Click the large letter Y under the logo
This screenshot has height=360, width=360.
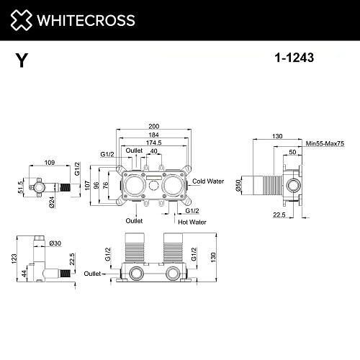(x=22, y=60)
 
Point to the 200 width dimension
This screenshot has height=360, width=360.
(x=156, y=126)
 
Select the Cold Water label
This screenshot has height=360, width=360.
(x=210, y=182)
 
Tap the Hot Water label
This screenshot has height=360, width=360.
(x=192, y=222)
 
